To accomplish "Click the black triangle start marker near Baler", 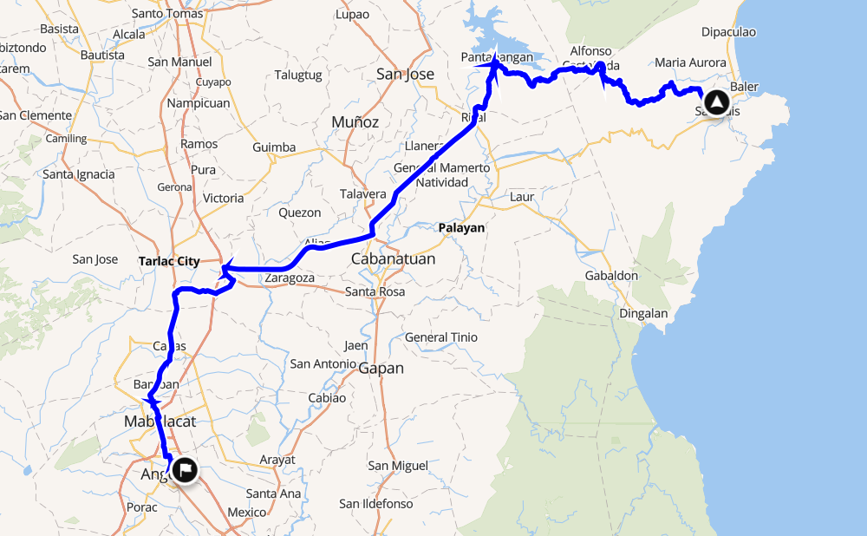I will pos(716,103).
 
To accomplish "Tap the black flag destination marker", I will pos(185,470).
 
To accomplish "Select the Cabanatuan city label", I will pos(393,259).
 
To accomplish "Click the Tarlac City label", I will pos(169,261).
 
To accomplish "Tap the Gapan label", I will pos(381,369).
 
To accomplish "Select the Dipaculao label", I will pos(728,32).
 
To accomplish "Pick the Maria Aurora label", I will pos(690,62).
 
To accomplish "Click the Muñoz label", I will pos(355,122).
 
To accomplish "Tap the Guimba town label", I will pos(274,147).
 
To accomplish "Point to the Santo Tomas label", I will pos(168,13).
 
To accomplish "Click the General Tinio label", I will pos(441,337).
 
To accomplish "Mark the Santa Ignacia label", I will pos(78,174).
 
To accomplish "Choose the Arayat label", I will pos(277,460).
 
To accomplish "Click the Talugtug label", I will pos(298,75).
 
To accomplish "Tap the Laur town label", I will pos(522,197).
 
